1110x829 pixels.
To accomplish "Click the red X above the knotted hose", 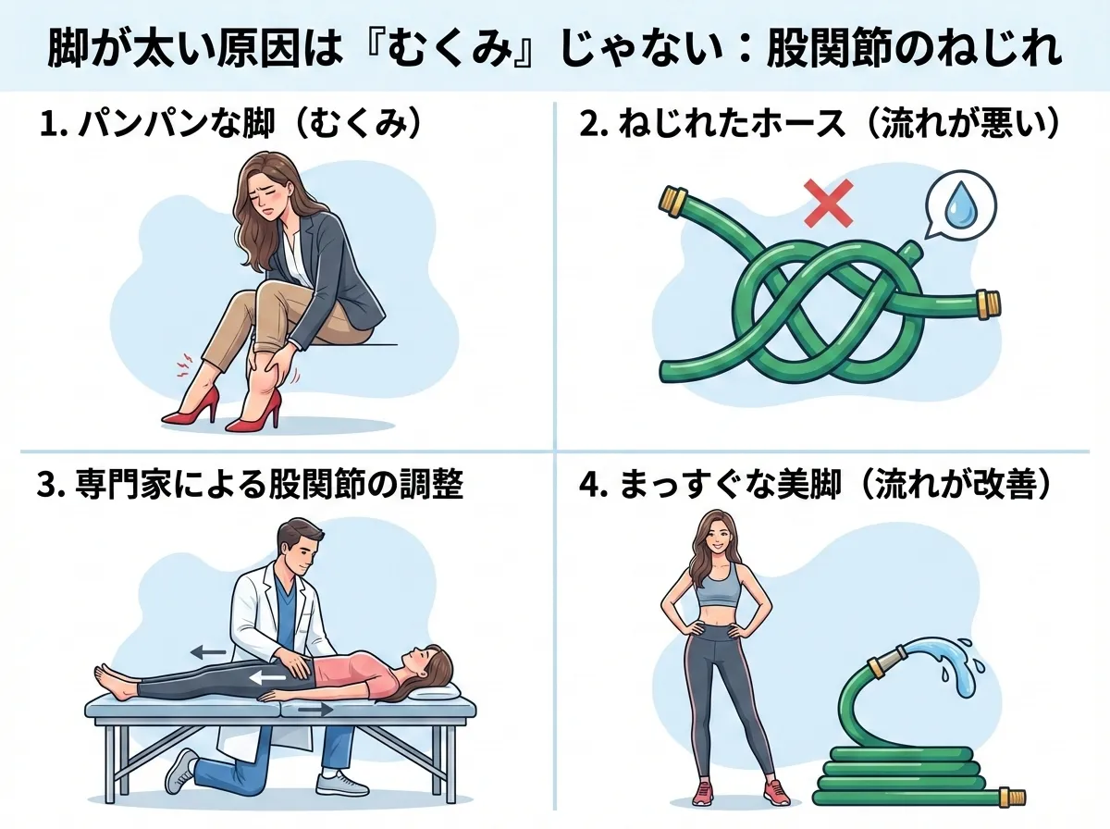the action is click(x=828, y=203).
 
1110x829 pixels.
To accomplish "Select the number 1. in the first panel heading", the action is click(x=53, y=123).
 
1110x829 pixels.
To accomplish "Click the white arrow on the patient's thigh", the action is click(x=268, y=677).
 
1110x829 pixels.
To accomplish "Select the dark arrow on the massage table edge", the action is click(x=315, y=711).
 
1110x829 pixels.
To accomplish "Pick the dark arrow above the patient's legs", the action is click(x=208, y=652).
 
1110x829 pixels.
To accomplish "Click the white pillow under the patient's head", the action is click(x=435, y=691).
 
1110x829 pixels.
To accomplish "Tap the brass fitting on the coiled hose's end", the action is click(x=1012, y=797).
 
